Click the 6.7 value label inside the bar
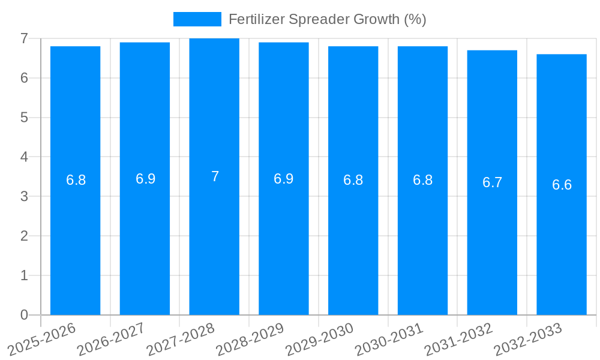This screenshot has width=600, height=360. [x=492, y=182]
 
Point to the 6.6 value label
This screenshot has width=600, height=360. [x=562, y=185]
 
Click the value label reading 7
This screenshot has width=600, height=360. [x=215, y=176]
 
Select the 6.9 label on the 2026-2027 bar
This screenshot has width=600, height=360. [x=145, y=179]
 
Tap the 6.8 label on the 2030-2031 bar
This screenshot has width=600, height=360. [x=422, y=180]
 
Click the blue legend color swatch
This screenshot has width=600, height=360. [x=197, y=19]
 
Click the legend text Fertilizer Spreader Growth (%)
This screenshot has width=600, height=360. [x=327, y=19]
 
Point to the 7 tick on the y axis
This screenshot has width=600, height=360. [x=24, y=38]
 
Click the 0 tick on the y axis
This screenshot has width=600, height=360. [x=24, y=314]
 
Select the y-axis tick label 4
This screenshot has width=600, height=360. [x=24, y=157]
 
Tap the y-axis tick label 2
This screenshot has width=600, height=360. [x=24, y=236]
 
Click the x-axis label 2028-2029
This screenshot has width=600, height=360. [x=250, y=339]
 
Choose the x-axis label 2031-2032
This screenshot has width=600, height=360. [x=458, y=339]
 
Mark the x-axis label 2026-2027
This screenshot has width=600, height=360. [x=112, y=339]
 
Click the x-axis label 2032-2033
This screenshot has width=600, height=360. [x=528, y=339]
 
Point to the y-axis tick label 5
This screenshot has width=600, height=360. [x=24, y=118]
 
